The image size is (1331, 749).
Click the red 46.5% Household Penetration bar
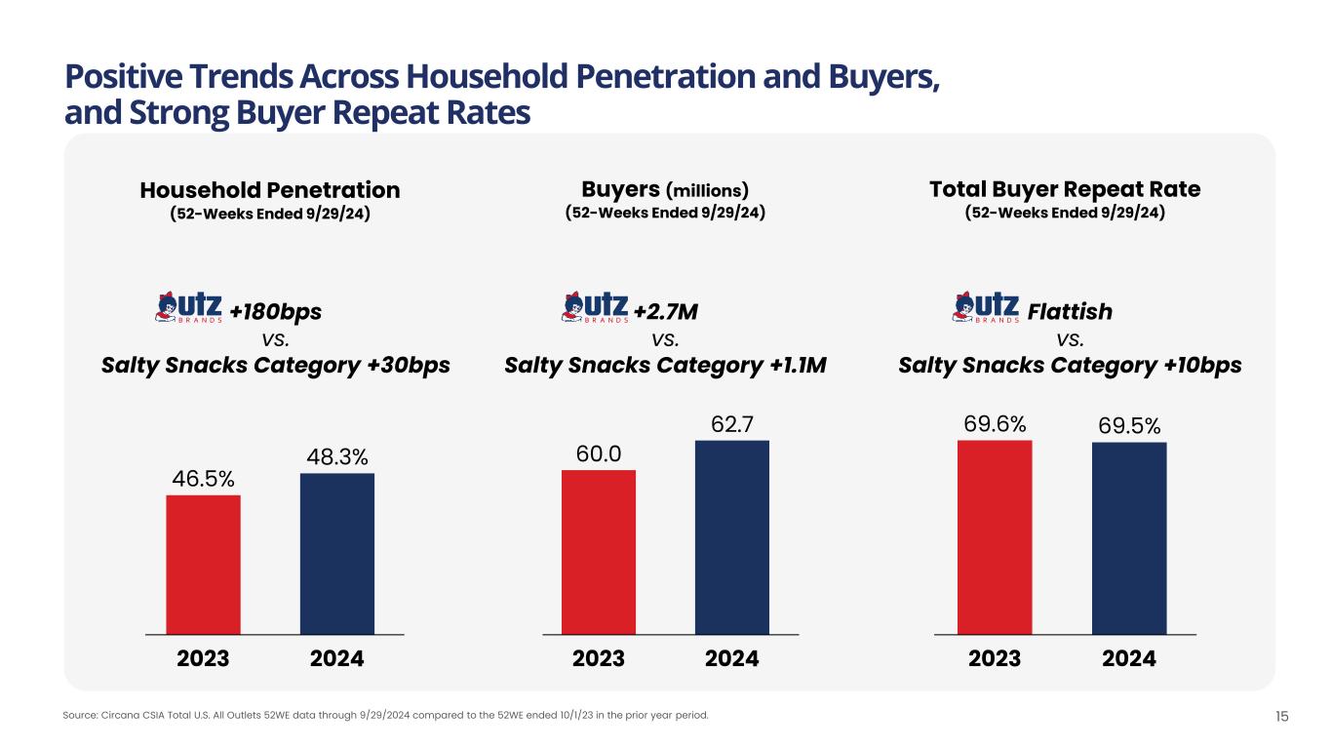click(203, 564)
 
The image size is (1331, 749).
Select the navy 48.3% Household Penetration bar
click(336, 553)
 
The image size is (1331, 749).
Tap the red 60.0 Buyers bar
click(598, 551)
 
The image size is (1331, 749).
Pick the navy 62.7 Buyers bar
click(731, 536)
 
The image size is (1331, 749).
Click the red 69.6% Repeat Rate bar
click(995, 536)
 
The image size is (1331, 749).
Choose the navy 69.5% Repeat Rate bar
click(1129, 537)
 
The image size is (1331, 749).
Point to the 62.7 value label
click(731, 424)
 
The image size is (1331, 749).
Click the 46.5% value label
click(203, 479)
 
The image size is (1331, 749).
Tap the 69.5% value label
click(1129, 426)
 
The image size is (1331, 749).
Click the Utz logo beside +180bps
click(189, 307)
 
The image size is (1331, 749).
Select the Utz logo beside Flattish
click(985, 307)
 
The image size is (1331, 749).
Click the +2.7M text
click(666, 312)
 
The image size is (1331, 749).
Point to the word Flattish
click(1070, 312)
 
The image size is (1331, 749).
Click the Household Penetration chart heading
click(270, 189)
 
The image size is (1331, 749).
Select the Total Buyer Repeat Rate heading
click(1065, 189)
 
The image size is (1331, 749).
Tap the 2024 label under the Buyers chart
click(731, 659)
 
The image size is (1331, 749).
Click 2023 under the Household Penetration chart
click(203, 659)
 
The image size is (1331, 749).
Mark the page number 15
click(1282, 717)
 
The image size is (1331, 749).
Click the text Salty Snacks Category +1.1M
click(665, 366)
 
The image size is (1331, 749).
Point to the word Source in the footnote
click(76, 716)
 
